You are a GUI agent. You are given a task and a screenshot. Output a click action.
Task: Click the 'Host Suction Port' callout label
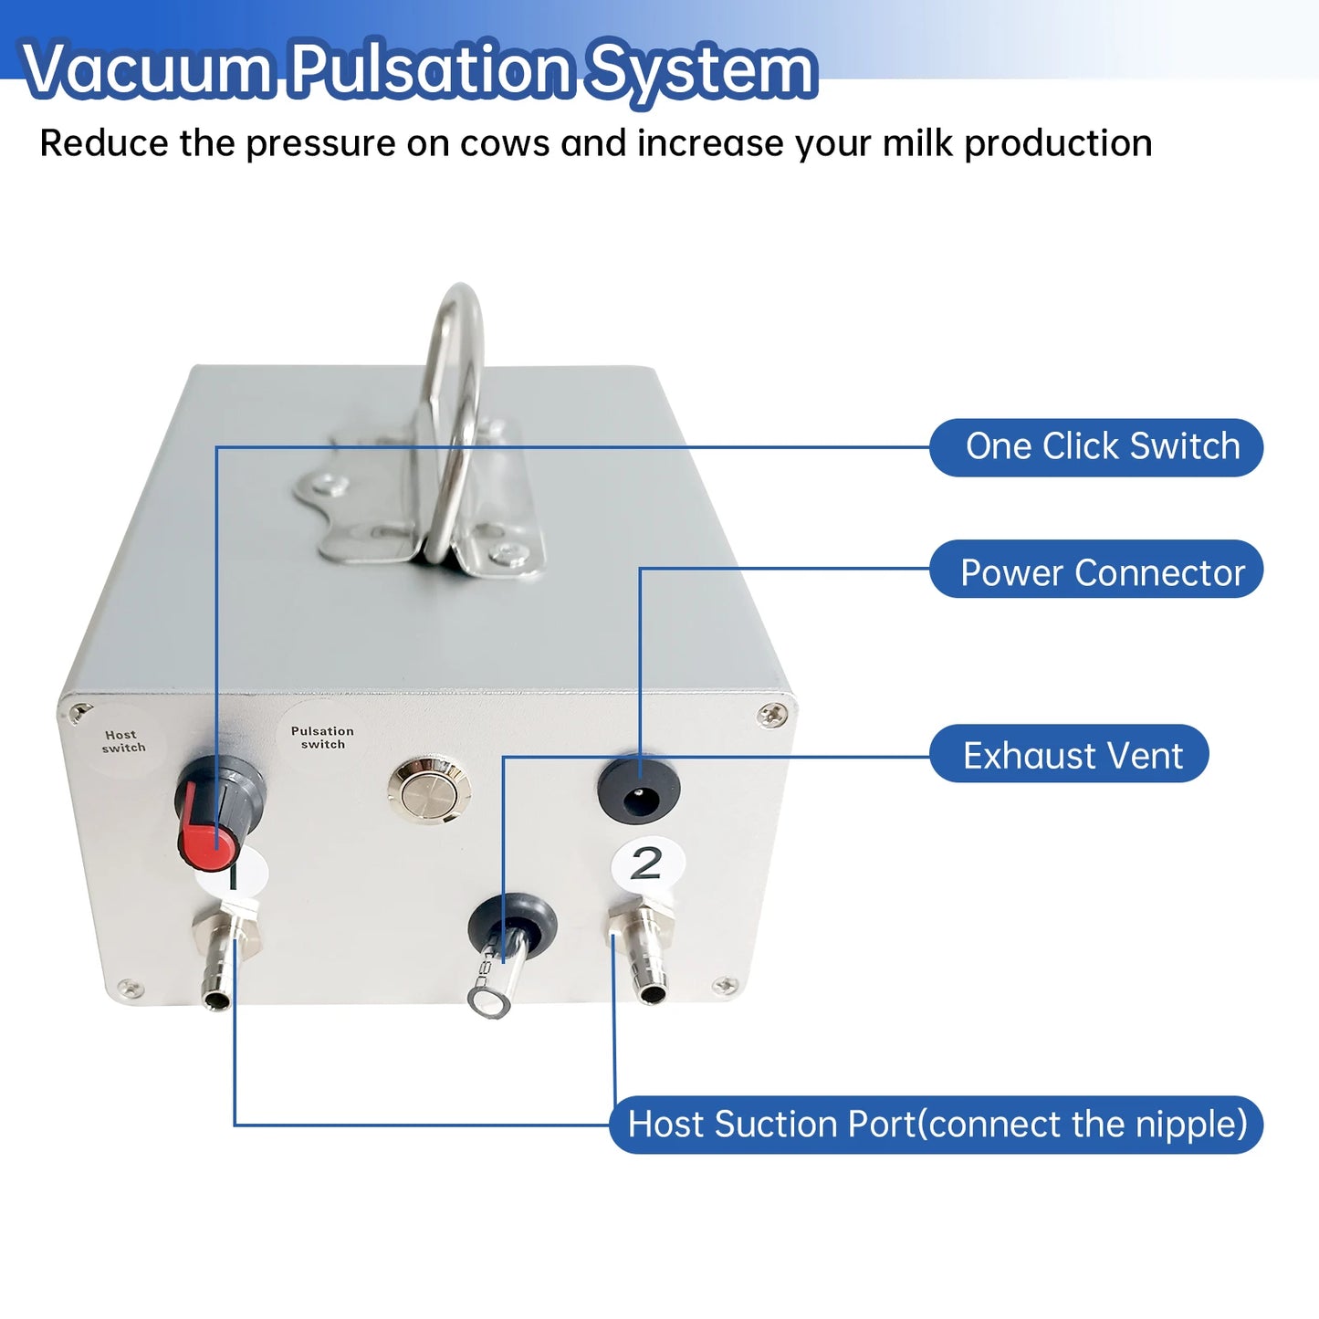pyautogui.click(x=936, y=1125)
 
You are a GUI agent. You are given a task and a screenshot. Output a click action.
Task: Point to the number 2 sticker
pyautogui.click(x=647, y=864)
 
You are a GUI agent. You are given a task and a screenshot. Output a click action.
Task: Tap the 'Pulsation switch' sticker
pyautogui.click(x=322, y=737)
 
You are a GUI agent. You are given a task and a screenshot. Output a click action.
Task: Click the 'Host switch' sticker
pyautogui.click(x=122, y=741)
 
